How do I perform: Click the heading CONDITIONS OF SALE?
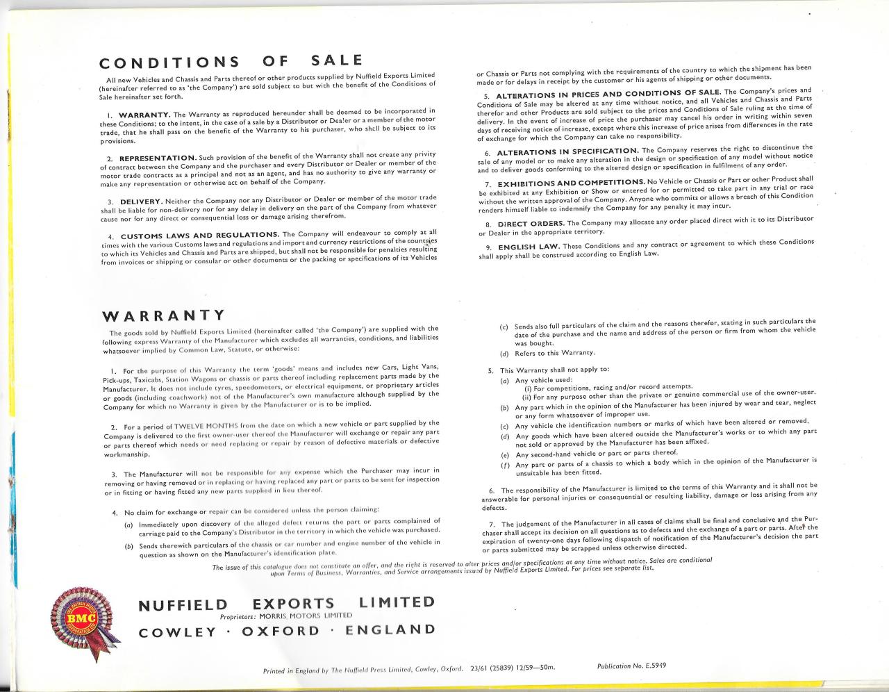[231, 62]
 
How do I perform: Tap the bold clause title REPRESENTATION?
[158, 158]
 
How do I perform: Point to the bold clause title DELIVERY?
[141, 201]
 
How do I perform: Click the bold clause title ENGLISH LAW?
[526, 247]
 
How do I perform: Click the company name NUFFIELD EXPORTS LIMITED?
[287, 604]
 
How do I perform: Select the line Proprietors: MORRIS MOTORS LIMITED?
[286, 616]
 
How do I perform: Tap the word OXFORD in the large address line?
[281, 631]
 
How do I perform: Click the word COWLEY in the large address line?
[177, 632]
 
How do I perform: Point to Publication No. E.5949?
[631, 666]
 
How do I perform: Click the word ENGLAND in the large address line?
[390, 629]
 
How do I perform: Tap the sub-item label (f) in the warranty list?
[504, 465]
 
